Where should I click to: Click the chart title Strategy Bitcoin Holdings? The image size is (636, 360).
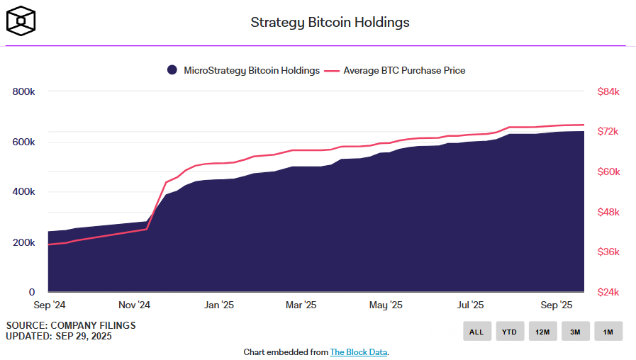click(330, 23)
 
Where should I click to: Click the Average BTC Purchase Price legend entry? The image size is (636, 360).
click(397, 70)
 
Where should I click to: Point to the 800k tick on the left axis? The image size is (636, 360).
click(23, 91)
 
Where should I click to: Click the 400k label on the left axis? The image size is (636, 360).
click(23, 192)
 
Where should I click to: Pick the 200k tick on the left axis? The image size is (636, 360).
click(23, 242)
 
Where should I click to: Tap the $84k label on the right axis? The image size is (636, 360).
click(608, 91)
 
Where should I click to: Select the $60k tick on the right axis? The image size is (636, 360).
click(608, 172)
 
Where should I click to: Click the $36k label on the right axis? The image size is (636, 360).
click(608, 252)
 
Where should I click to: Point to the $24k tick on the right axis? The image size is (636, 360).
click(608, 292)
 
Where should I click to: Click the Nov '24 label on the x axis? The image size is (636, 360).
click(134, 305)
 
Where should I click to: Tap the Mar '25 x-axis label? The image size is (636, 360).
click(301, 305)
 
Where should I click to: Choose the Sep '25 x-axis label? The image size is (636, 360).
click(556, 305)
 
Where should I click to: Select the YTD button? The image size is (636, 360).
click(510, 331)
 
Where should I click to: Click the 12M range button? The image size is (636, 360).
click(542, 331)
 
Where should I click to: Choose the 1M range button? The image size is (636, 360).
click(608, 331)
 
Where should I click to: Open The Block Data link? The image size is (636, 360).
click(359, 352)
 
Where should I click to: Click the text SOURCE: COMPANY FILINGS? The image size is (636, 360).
click(71, 325)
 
